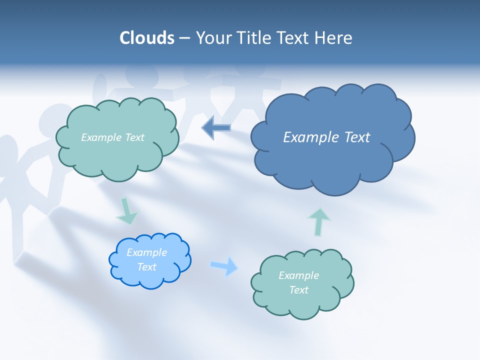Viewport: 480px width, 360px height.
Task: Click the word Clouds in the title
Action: (147, 38)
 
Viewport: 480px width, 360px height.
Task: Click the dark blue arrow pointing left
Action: (216, 128)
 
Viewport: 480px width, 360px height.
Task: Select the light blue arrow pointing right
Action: (224, 266)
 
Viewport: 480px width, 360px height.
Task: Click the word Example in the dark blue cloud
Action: (309, 137)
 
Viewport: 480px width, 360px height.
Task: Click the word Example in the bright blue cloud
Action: (147, 252)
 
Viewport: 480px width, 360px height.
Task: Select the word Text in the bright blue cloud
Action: (147, 267)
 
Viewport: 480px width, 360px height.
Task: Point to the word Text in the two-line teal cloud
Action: (298, 290)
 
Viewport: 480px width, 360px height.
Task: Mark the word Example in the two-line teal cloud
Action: (298, 275)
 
